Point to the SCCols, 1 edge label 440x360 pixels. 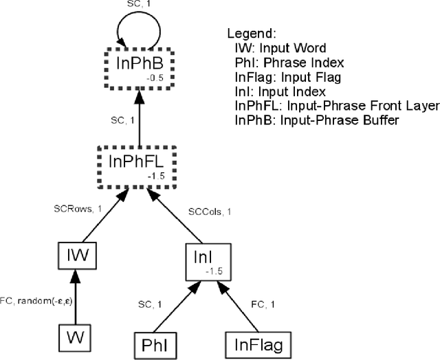click(x=210, y=212)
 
